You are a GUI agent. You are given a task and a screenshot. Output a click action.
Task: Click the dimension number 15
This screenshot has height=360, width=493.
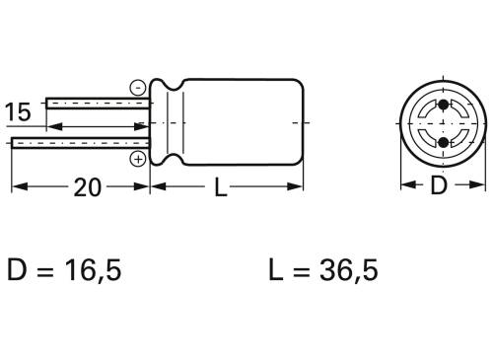click(x=19, y=111)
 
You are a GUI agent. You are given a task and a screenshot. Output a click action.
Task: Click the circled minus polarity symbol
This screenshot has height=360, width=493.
click(x=137, y=88)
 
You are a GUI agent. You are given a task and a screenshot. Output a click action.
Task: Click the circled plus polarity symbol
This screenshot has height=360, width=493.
click(x=138, y=158)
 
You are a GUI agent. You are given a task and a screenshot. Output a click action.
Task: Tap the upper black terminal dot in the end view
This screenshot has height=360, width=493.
click(x=441, y=104)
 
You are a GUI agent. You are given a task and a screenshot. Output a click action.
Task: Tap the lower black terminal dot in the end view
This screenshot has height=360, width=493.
click(x=441, y=143)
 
